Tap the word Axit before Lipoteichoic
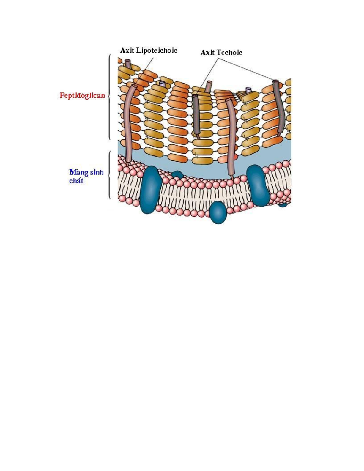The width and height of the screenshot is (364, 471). point(127,50)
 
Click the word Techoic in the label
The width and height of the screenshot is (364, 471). point(229,53)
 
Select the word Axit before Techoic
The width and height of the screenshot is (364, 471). point(207,53)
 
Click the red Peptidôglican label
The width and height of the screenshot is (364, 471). point(82,96)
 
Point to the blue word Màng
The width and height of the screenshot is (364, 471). point(78,172)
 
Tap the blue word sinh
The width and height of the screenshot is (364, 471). point(97,172)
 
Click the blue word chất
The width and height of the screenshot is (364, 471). point(76,181)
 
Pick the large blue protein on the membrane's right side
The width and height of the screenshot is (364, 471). point(258,185)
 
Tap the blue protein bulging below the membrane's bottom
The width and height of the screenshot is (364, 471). point(218,212)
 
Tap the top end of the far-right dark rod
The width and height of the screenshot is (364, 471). point(275,81)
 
